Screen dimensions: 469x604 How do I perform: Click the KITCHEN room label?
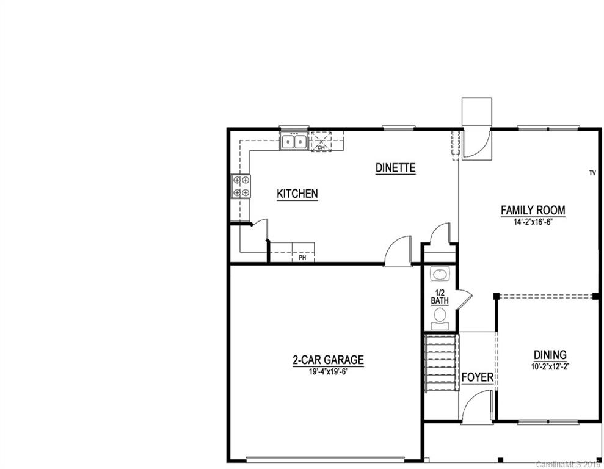pos(297,194)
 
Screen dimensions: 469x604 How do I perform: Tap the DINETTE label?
pos(395,167)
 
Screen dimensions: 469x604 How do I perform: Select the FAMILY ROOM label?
pos(533,210)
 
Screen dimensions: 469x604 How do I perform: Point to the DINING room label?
pos(550,354)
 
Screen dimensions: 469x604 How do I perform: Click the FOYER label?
pos(477,377)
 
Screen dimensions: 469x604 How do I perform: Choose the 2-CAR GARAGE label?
pos(328,360)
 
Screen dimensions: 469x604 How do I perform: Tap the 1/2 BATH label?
pos(439,296)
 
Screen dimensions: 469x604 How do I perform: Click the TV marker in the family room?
pos(592,173)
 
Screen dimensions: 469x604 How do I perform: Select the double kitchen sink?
pos(294,142)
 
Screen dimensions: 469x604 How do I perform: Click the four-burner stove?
pos(241,186)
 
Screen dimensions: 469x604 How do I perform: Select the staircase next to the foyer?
pos(441,363)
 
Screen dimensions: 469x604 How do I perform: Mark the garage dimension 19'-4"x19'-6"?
pos(328,371)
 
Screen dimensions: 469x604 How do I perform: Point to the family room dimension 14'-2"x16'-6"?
pos(533,222)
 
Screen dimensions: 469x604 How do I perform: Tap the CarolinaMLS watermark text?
pos(569,464)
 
